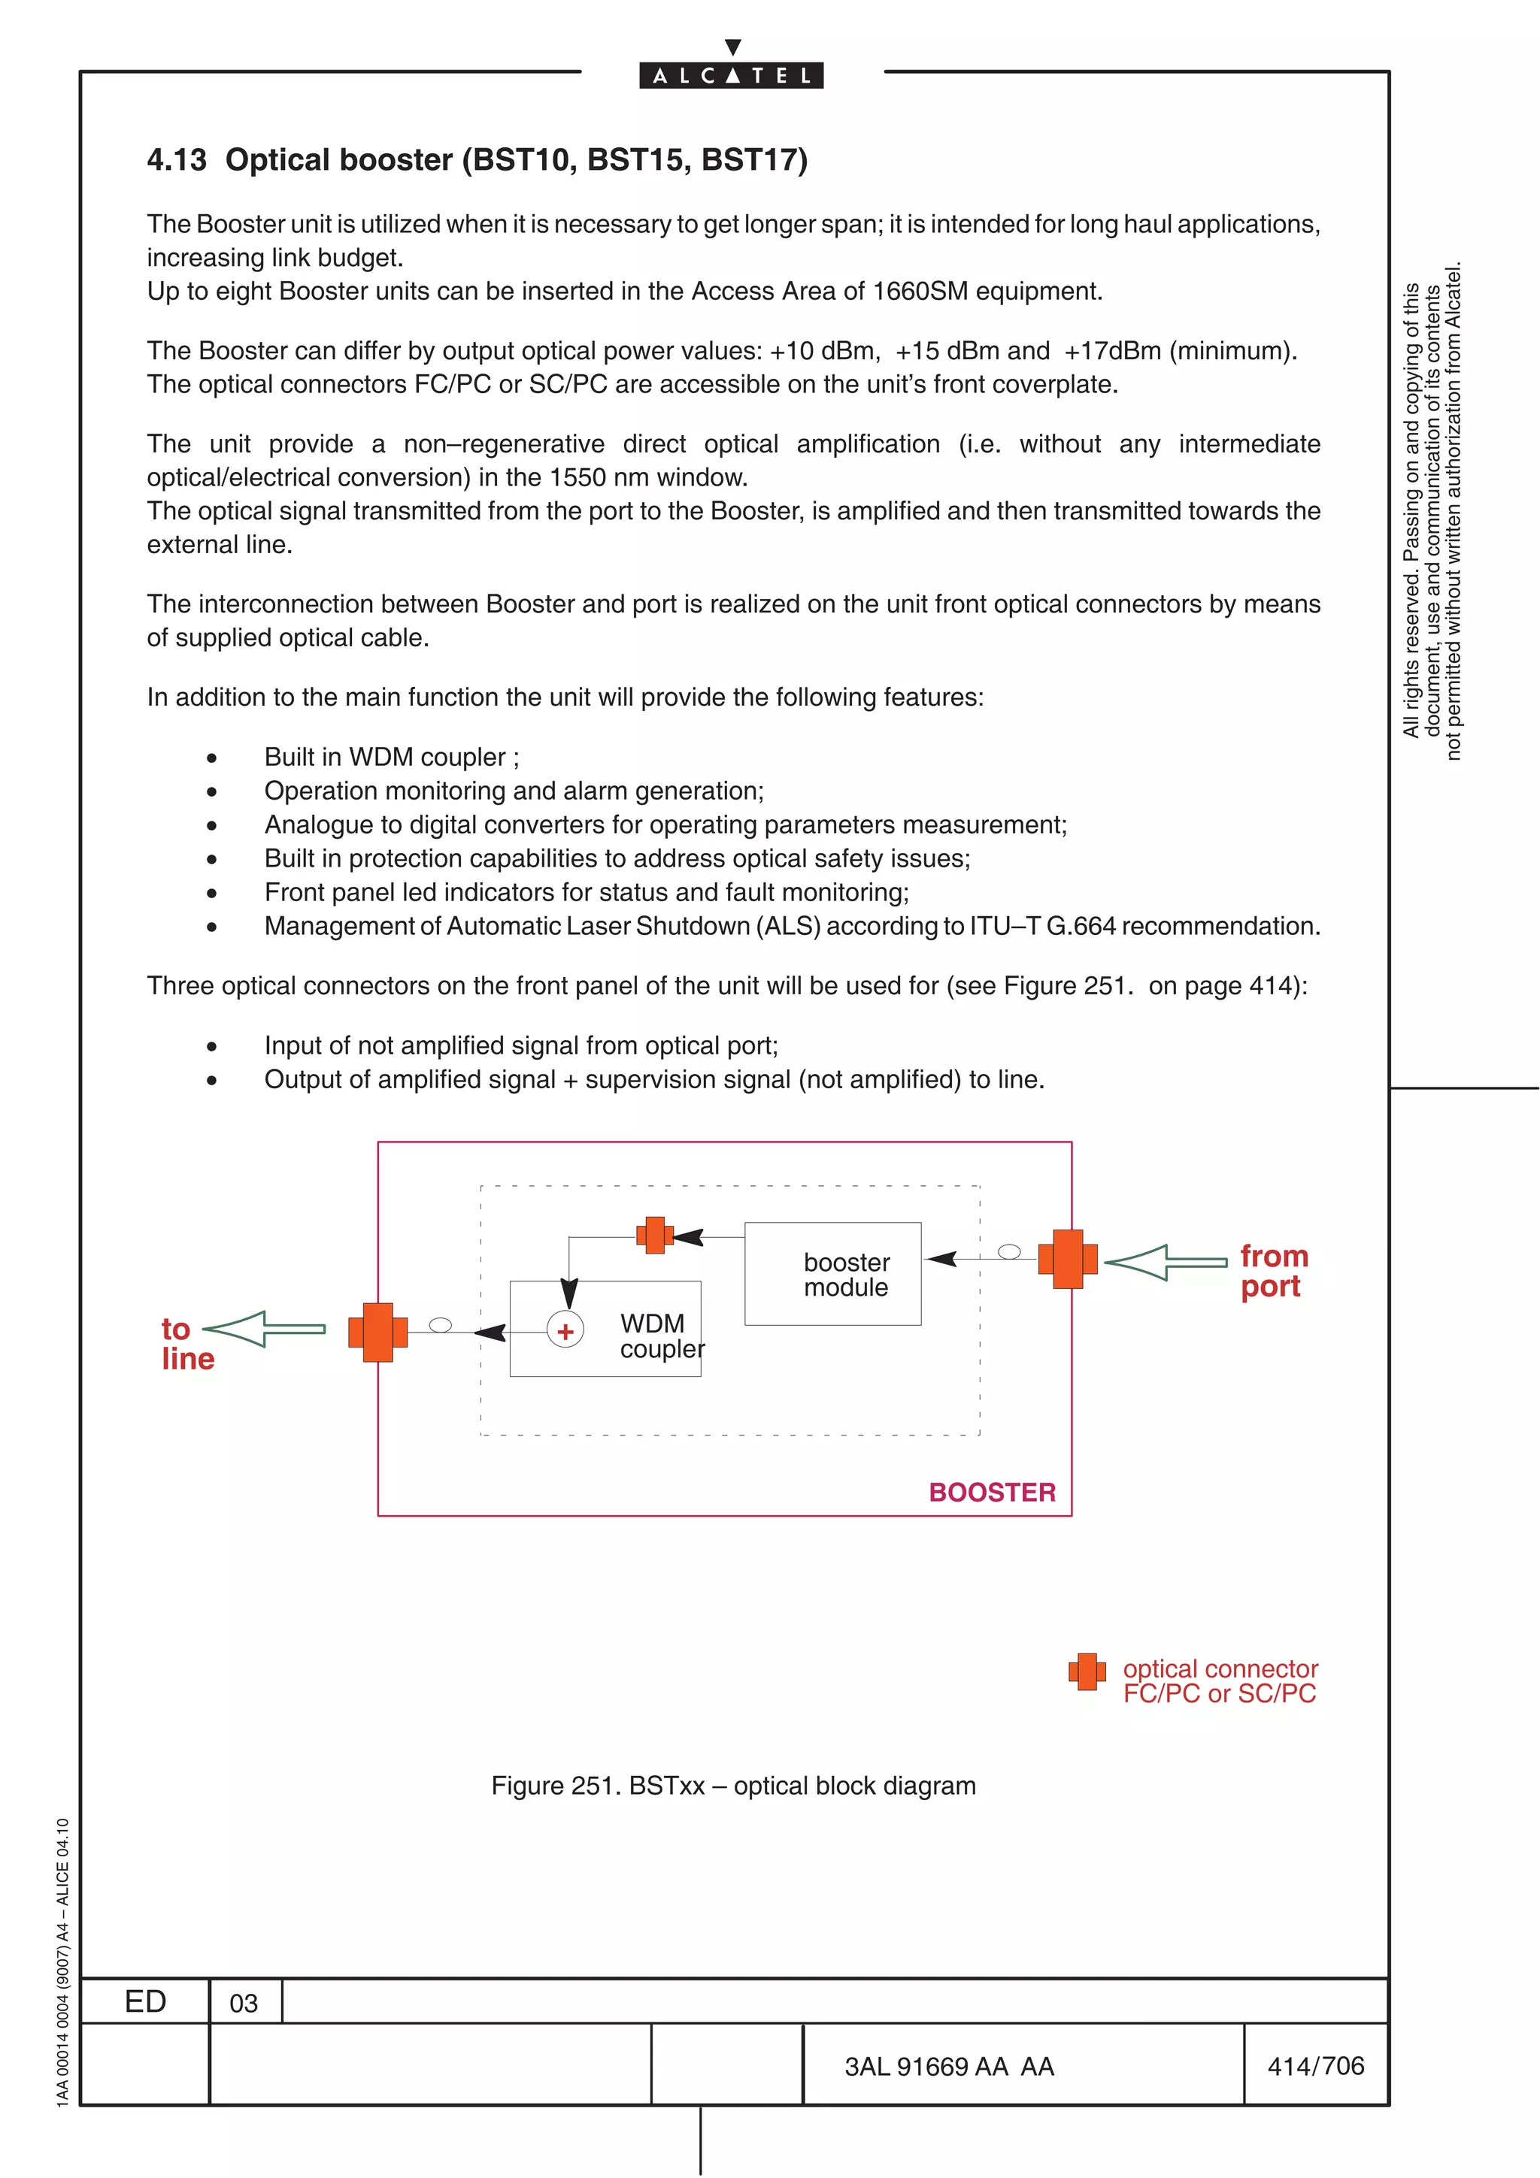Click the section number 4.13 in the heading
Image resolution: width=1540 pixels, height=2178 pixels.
tap(177, 159)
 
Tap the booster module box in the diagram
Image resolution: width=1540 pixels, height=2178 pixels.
tap(832, 1274)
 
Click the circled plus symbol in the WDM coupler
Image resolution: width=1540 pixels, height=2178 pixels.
tap(565, 1331)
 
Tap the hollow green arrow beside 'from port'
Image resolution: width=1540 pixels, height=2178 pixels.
tap(1166, 1263)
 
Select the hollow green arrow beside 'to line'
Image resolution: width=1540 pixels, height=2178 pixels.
tap(265, 1329)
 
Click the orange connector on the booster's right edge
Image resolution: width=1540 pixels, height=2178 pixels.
tap(1068, 1259)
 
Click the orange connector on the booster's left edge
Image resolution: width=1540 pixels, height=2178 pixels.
tap(377, 1332)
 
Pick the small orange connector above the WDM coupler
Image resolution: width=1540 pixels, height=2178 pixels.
tap(655, 1235)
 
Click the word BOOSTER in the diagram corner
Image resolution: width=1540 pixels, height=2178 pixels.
tap(992, 1492)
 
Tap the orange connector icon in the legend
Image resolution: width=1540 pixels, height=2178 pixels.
tap(1087, 1671)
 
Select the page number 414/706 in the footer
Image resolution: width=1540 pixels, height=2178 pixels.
tap(1315, 2065)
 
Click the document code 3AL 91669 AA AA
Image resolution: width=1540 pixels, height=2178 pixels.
tap(949, 2066)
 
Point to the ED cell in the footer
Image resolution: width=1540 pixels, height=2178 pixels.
tap(145, 2001)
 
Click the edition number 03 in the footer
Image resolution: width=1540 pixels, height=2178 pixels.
tap(244, 2004)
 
